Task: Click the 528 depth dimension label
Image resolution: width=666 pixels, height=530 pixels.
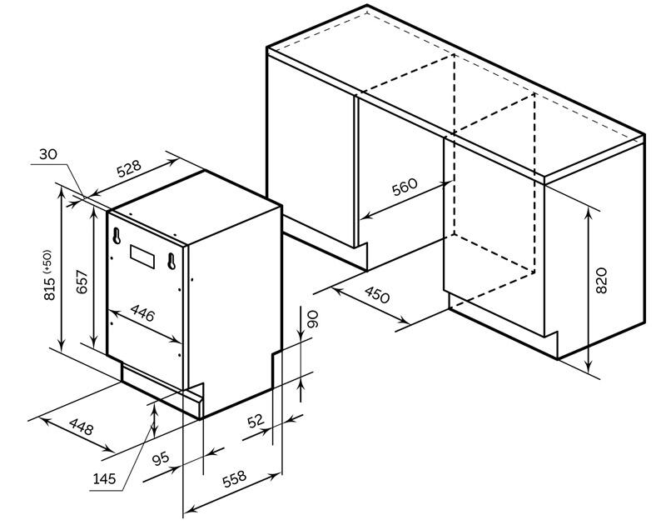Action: [129, 168]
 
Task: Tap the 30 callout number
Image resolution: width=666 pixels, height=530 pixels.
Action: [47, 154]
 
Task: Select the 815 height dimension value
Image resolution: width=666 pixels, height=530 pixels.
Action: [50, 288]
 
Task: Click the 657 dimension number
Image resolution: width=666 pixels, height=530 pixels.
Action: [82, 282]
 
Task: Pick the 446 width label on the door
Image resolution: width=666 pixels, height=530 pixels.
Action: [142, 312]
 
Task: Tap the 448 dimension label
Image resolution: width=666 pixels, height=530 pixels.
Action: [81, 427]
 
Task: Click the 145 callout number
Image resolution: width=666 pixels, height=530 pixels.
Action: [105, 479]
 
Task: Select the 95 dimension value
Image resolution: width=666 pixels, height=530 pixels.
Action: [161, 458]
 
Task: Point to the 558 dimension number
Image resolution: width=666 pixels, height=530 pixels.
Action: [234, 478]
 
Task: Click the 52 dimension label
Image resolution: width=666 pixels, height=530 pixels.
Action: [256, 421]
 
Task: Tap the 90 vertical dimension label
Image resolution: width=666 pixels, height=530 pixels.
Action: [312, 319]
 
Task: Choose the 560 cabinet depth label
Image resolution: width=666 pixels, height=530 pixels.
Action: [405, 187]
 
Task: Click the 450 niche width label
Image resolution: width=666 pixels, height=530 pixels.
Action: [377, 295]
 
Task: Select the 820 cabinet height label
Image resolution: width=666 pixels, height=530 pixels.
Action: [601, 281]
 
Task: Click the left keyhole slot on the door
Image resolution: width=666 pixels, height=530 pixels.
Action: [117, 236]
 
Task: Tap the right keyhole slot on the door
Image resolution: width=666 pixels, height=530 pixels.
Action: [171, 261]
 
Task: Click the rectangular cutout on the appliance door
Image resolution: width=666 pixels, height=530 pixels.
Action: [142, 257]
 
